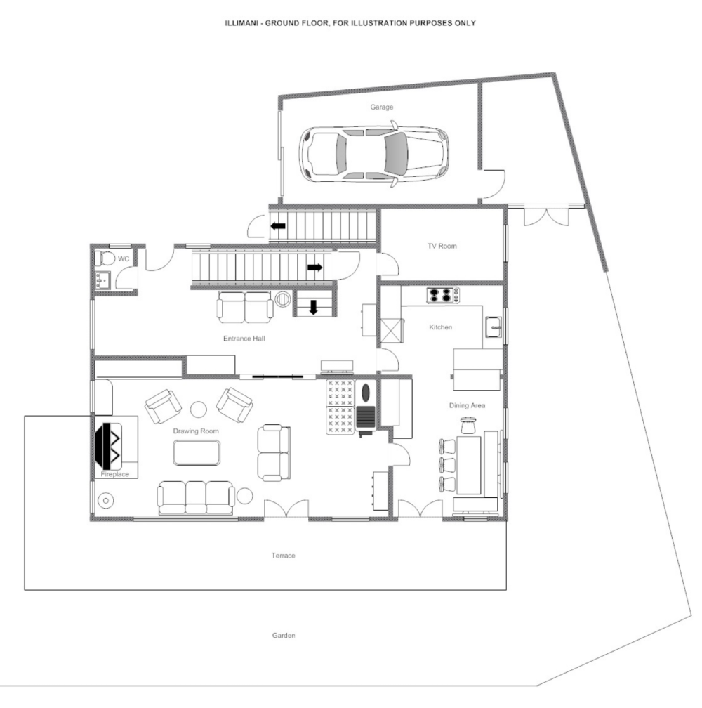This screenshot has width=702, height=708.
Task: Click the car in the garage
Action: (373, 154)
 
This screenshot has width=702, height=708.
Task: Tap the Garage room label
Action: (382, 107)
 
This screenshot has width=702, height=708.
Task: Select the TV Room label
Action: (442, 246)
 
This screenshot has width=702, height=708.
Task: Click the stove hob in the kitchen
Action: (443, 295)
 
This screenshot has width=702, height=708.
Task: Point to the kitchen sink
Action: (493, 327)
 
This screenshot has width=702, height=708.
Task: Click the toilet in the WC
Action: (105, 258)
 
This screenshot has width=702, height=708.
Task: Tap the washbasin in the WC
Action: (102, 280)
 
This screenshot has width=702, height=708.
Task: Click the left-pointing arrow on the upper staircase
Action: (278, 225)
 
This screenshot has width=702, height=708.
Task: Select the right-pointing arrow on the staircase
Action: (314, 268)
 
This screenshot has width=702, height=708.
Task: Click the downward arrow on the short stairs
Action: (314, 308)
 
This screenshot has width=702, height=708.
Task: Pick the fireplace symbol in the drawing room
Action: (109, 445)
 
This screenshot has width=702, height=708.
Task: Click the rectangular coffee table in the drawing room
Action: (197, 452)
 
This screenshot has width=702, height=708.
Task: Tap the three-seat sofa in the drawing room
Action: (196, 497)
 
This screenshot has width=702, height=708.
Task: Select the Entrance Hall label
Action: (244, 339)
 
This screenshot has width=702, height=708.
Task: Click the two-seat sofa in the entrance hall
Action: (245, 307)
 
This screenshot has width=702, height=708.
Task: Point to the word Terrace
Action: (284, 556)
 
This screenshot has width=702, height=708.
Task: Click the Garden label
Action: (284, 635)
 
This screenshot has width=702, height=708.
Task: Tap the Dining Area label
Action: (467, 405)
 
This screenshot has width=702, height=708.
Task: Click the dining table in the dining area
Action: (469, 465)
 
